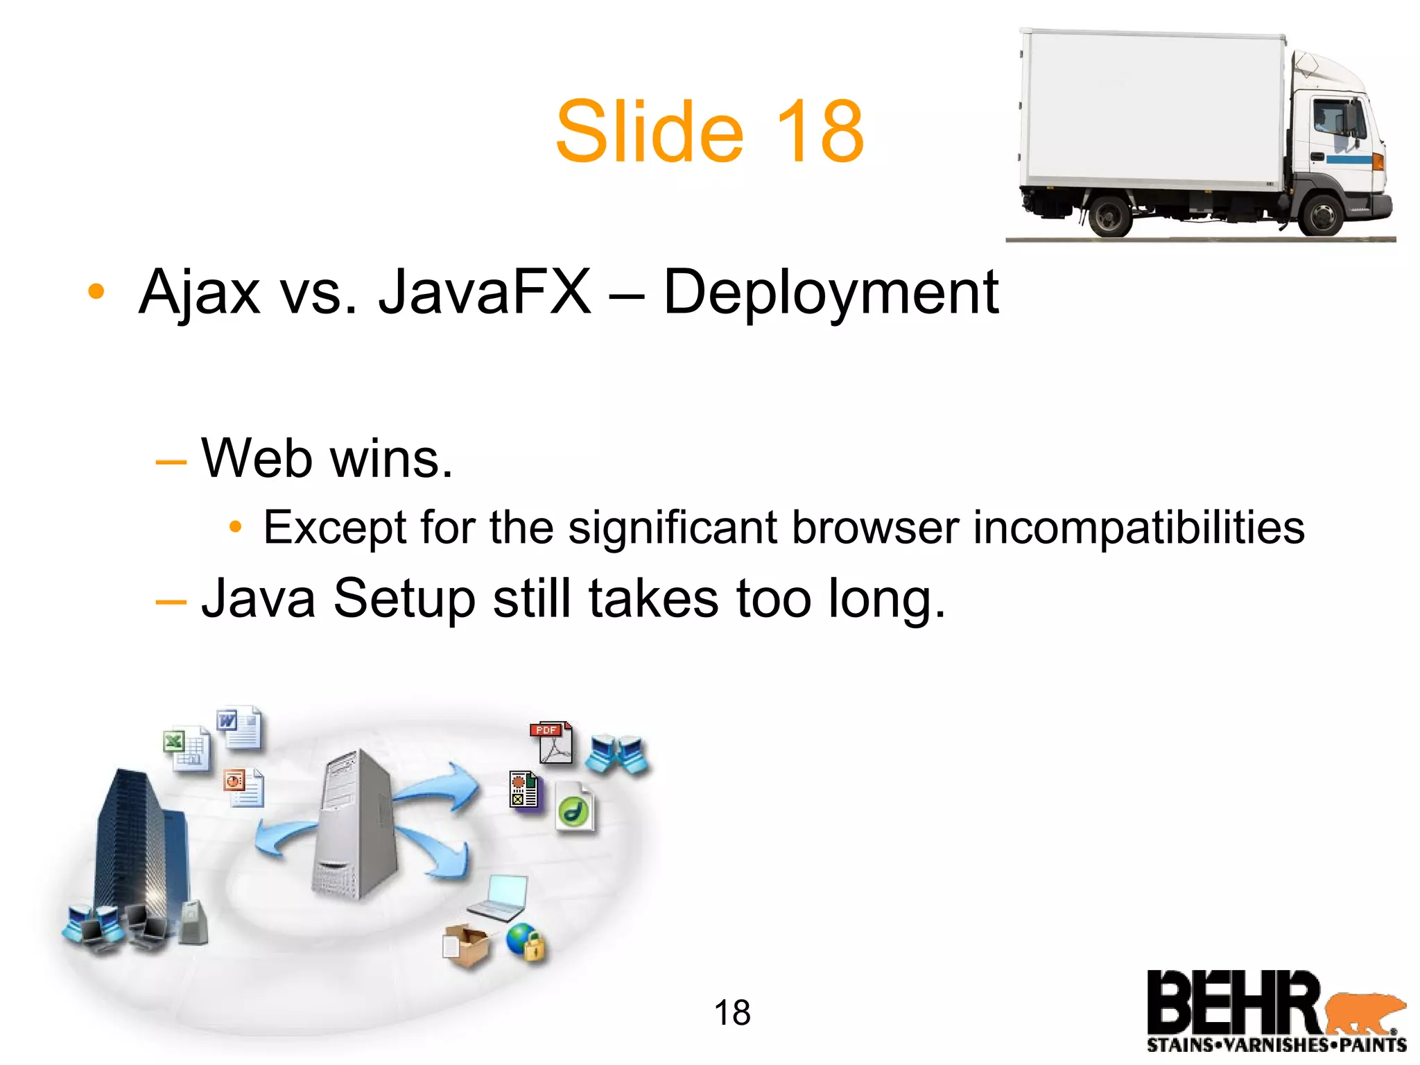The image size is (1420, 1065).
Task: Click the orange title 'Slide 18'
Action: click(709, 132)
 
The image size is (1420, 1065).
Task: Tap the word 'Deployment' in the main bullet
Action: click(831, 293)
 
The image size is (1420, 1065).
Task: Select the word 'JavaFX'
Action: click(485, 293)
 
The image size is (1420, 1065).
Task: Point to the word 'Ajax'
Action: click(200, 293)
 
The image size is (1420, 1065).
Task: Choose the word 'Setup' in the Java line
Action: click(404, 599)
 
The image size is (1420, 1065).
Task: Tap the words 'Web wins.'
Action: click(327, 459)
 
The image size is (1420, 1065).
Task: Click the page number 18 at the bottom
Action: click(732, 1013)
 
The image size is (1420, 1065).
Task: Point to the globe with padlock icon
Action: click(526, 942)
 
